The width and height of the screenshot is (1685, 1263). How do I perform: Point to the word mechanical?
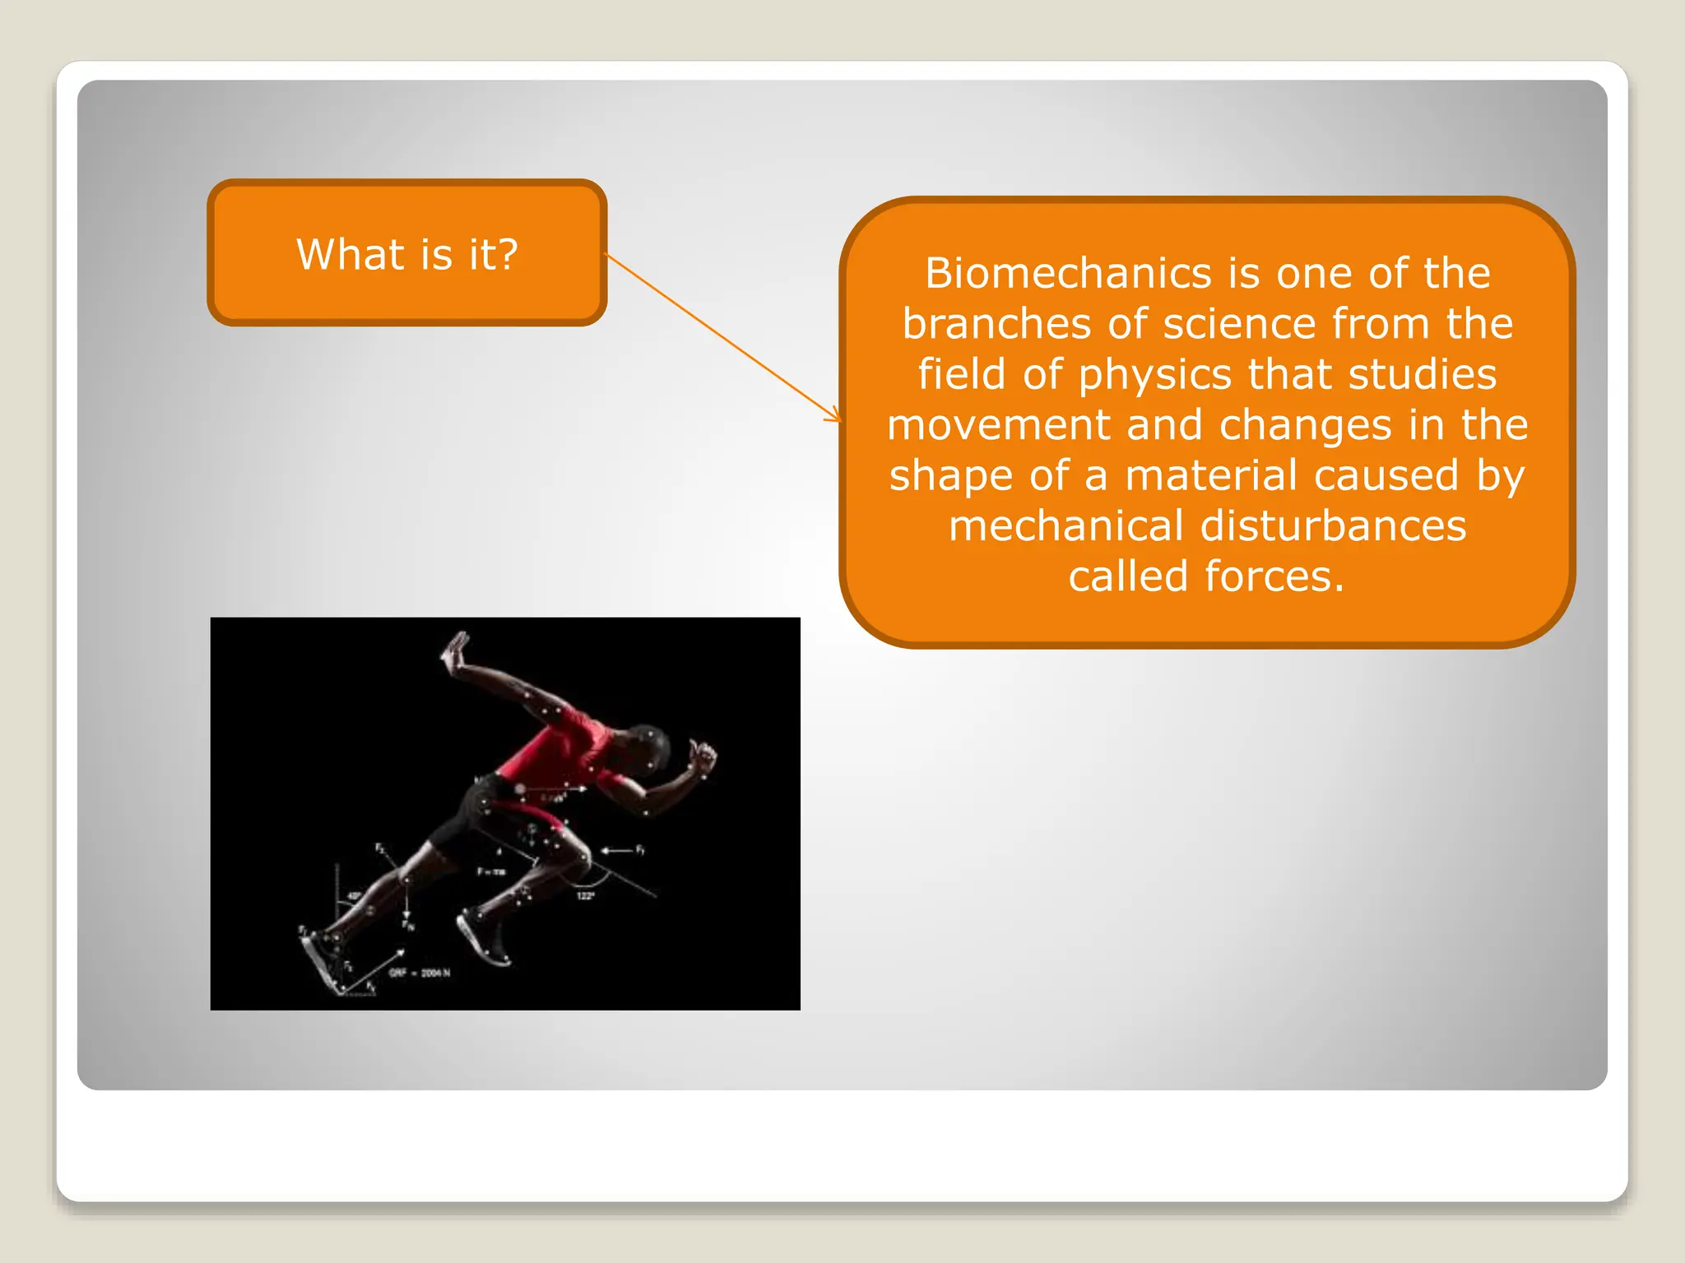tap(1065, 526)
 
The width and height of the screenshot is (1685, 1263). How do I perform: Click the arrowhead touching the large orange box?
tap(835, 417)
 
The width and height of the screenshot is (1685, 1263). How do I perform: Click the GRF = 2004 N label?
tap(420, 973)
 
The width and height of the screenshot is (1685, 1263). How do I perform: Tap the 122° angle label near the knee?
tap(585, 895)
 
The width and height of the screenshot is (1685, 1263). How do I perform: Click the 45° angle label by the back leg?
tap(354, 895)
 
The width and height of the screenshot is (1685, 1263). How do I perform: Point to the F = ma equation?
tap(491, 872)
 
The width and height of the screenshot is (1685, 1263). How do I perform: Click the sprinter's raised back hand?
tap(455, 650)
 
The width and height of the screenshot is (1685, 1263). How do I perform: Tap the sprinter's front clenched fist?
tap(702, 758)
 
